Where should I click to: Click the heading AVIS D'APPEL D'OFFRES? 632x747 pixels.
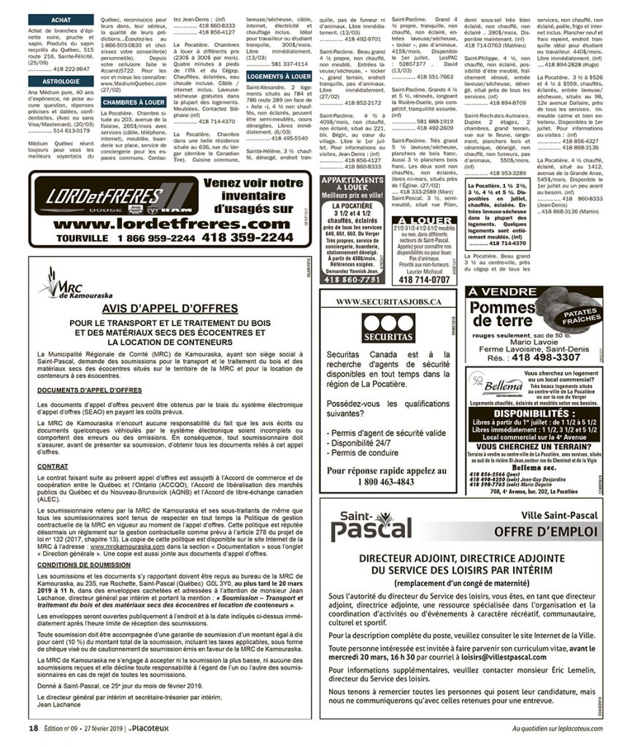coord(170,309)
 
